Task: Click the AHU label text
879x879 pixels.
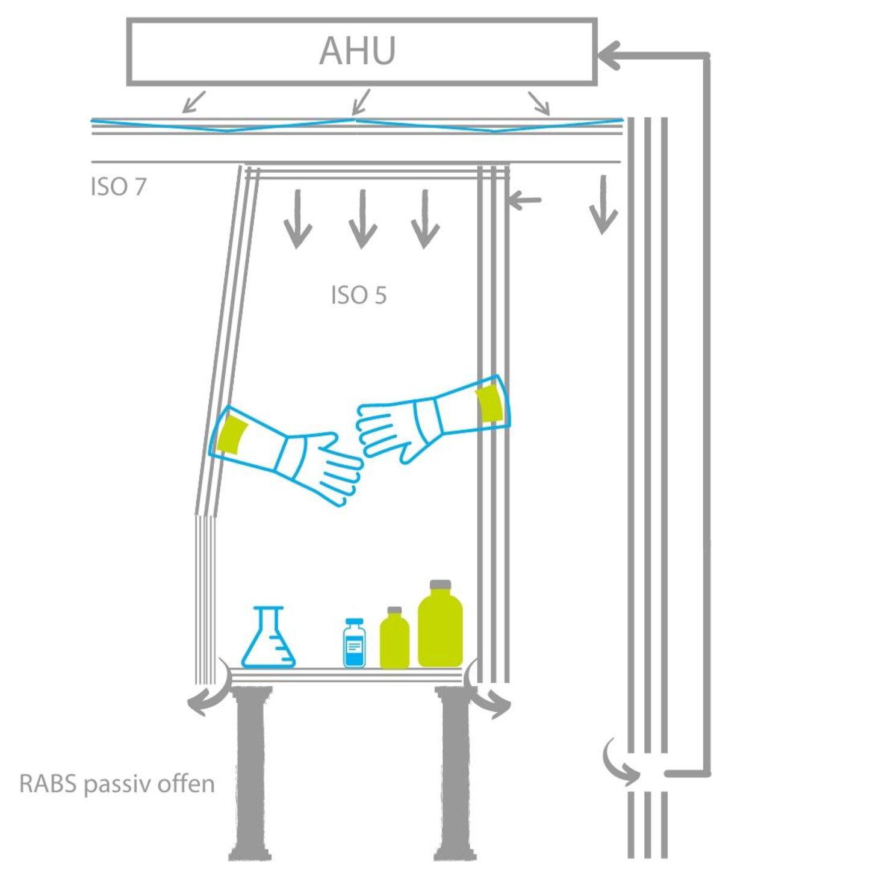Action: click(357, 51)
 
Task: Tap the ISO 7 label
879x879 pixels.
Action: click(119, 187)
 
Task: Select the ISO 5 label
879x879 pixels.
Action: click(359, 296)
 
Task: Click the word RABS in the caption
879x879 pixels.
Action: click(48, 784)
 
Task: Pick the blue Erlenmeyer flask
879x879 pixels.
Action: click(269, 641)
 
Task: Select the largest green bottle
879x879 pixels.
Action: click(440, 629)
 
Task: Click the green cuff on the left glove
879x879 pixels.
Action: click(232, 434)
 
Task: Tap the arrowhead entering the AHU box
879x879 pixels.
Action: click(609, 55)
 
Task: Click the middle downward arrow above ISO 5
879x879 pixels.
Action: click(362, 220)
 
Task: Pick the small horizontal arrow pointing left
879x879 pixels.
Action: click(524, 200)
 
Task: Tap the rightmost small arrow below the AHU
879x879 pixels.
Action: click(539, 103)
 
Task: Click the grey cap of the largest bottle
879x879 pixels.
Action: click(440, 585)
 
